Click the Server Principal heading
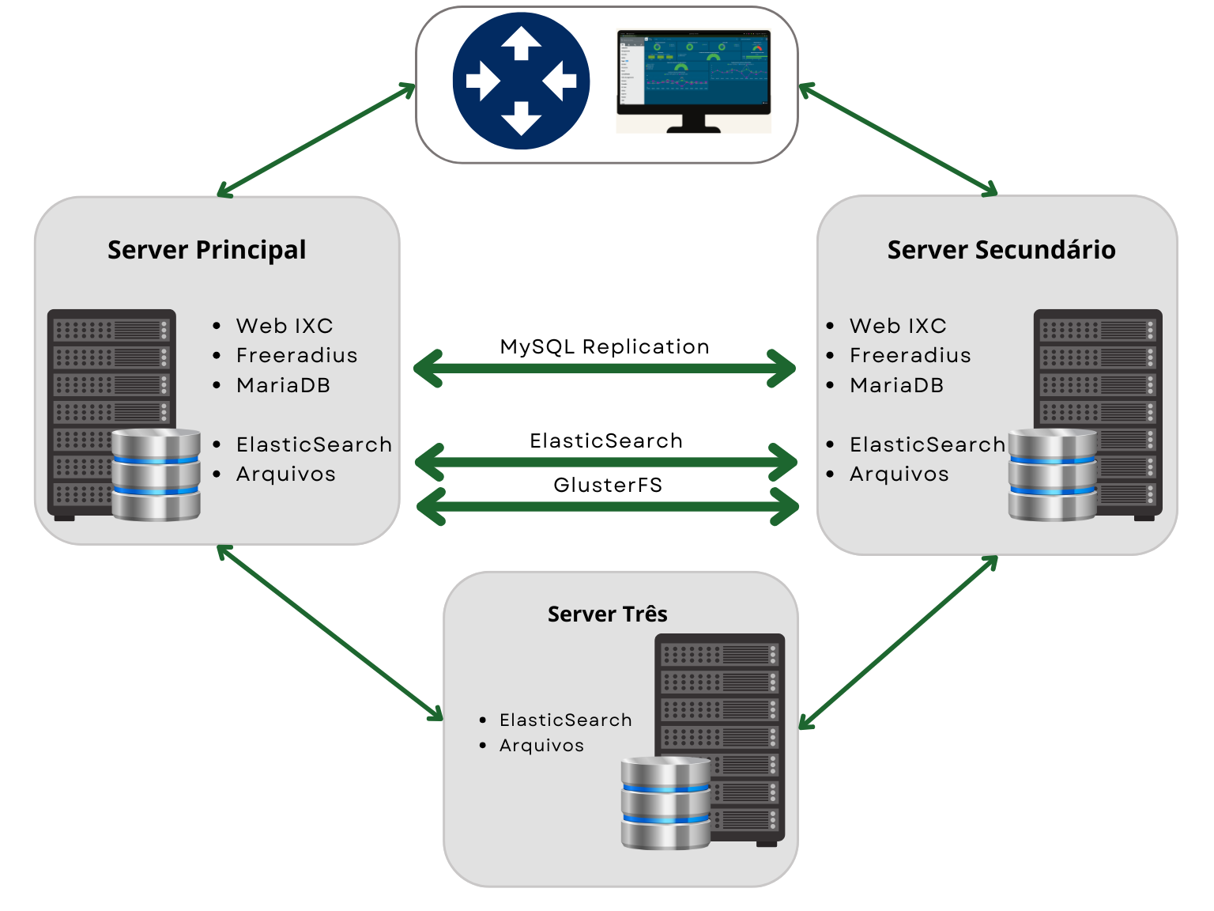[206, 250]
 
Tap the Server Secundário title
[1001, 250]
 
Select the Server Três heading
[607, 614]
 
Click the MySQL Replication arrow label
[605, 346]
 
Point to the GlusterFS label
[608, 485]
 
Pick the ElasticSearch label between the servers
[606, 440]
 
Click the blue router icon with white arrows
[521, 81]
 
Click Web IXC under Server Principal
[285, 326]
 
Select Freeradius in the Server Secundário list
[910, 355]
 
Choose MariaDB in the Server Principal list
[283, 385]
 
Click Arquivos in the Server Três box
[541, 745]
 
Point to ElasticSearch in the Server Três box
[566, 720]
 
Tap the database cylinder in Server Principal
[156, 474]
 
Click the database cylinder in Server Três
[665, 803]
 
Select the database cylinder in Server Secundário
[1053, 474]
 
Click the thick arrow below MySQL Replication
[605, 369]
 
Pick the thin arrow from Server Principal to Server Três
[330, 633]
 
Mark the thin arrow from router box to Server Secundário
[898, 139]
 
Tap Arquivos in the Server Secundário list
[899, 474]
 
